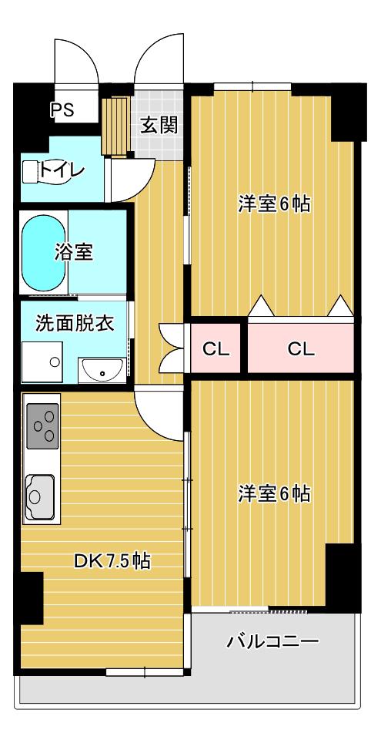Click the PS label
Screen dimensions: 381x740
[x=62, y=110]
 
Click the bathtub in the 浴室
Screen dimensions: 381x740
[x=43, y=253]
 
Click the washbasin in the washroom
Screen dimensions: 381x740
[x=102, y=369]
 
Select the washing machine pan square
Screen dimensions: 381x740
[x=42, y=362]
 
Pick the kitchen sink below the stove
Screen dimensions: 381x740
[x=39, y=496]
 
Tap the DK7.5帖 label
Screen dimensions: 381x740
[x=112, y=560]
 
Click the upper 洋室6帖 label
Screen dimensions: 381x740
[x=273, y=203]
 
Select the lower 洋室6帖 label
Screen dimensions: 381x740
[x=273, y=493]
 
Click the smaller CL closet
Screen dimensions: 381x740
[x=216, y=348]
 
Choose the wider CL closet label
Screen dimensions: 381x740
[x=301, y=349]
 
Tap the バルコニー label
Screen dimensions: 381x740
[x=273, y=641]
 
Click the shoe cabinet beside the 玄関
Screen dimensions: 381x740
[x=115, y=126]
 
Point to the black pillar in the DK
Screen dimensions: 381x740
[x=32, y=597]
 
